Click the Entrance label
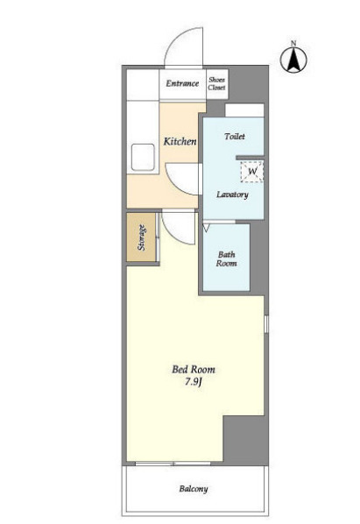(x=182, y=83)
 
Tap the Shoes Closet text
(x=216, y=83)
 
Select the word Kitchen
(x=180, y=141)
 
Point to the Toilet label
(x=235, y=137)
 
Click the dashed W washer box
(x=252, y=172)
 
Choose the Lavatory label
(x=232, y=195)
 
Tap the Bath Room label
(x=226, y=258)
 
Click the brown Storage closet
(x=141, y=237)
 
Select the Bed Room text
(x=194, y=369)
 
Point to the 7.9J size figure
(x=194, y=382)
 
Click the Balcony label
(x=194, y=489)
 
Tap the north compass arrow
(x=293, y=60)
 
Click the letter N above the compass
(x=293, y=43)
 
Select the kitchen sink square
(x=143, y=157)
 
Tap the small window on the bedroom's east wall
(x=266, y=324)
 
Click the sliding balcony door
(x=173, y=464)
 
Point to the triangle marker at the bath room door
(x=206, y=228)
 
